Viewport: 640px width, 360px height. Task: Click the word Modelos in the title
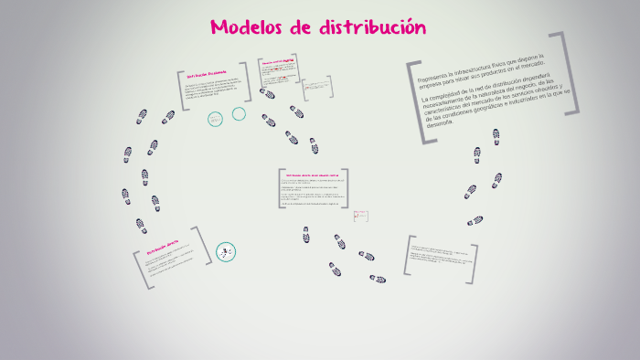pyautogui.click(x=246, y=27)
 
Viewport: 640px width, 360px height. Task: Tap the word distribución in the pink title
pyautogui.click(x=372, y=27)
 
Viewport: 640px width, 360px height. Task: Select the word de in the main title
pyautogui.click(x=302, y=27)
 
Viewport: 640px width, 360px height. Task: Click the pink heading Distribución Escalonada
pyautogui.click(x=207, y=73)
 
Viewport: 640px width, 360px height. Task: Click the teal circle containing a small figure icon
pyautogui.click(x=225, y=252)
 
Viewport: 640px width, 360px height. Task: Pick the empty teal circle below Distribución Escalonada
pyautogui.click(x=239, y=114)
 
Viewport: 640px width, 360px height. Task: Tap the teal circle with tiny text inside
pyautogui.click(x=216, y=119)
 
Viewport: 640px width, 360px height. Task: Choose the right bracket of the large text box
pyautogui.click(x=573, y=73)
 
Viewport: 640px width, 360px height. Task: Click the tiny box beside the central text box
pyautogui.click(x=361, y=216)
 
